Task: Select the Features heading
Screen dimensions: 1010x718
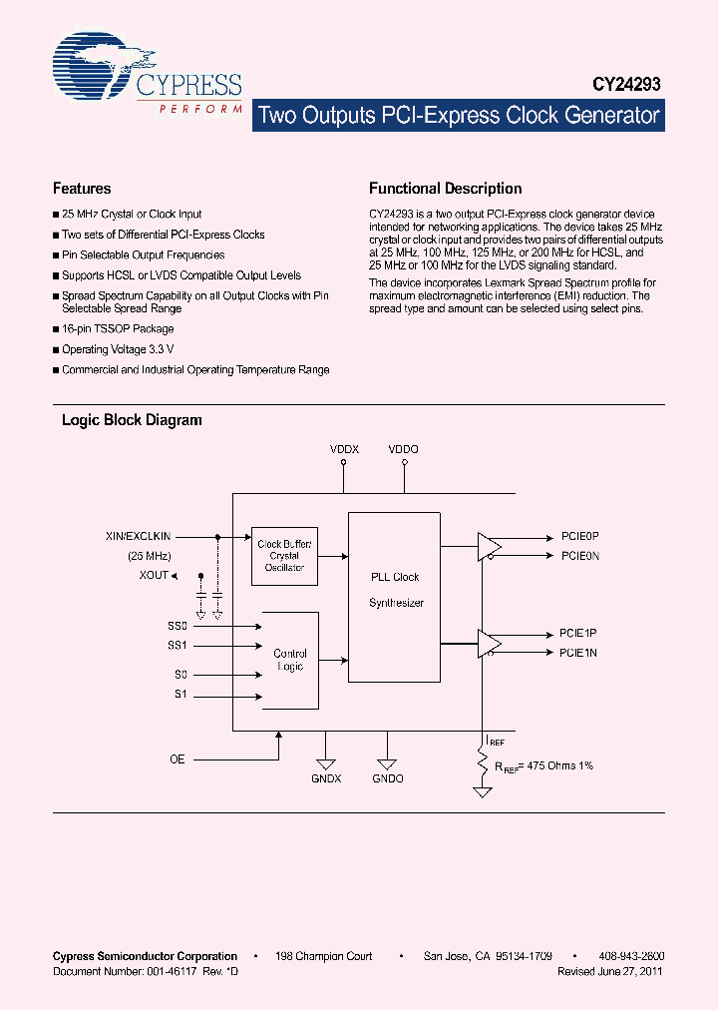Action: pos(82,189)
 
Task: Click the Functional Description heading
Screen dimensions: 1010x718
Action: pos(445,189)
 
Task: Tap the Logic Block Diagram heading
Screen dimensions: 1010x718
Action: pos(132,420)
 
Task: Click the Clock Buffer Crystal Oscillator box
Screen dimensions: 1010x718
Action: pos(284,556)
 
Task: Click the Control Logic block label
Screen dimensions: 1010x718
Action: pos(290,660)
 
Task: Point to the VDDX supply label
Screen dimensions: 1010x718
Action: pos(344,450)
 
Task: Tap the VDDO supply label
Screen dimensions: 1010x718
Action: pos(404,450)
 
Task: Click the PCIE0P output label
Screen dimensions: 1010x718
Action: pos(579,536)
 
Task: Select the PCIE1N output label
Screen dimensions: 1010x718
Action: pos(578,653)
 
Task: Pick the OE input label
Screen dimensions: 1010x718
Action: pos(177,759)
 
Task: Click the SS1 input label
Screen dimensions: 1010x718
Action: pos(177,646)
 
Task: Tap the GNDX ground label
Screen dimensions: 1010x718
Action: pos(326,778)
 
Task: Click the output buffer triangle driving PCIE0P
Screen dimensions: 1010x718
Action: pos(489,546)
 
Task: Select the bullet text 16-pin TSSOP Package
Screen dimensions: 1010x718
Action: pos(118,328)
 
